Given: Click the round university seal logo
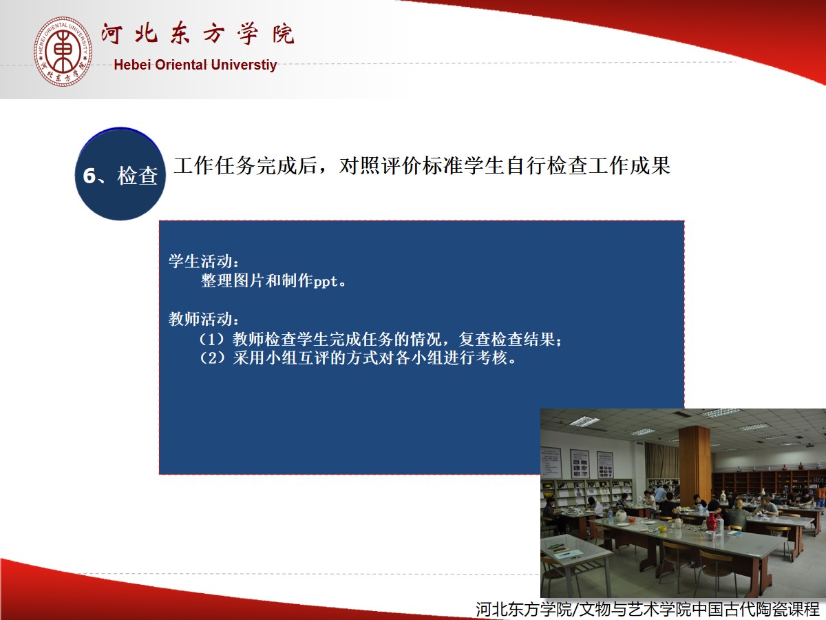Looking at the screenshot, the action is point(63,52).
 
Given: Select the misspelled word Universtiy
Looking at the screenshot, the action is point(244,65).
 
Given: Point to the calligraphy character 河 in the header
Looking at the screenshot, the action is point(112,34).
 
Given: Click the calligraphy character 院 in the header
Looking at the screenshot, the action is point(284,34).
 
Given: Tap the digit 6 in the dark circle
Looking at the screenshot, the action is point(89,176).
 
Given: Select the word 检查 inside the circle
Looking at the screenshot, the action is point(138,176).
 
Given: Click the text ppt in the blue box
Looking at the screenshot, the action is point(326,282).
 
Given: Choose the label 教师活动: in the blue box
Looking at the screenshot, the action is point(204,319).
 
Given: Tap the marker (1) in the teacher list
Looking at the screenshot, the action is point(212,340).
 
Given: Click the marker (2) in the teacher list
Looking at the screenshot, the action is point(212,358).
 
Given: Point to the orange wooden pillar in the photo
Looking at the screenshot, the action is point(695,464).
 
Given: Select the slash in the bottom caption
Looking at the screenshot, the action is point(575,609).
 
